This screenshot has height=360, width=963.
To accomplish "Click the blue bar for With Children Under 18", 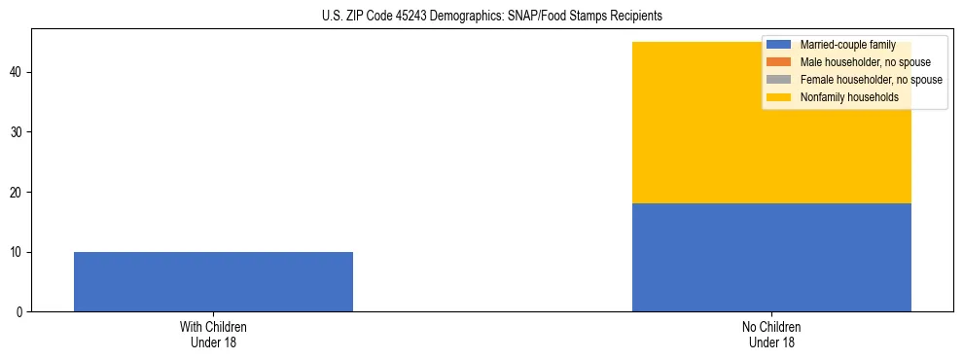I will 213,281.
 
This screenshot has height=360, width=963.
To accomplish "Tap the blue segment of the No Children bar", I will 771,257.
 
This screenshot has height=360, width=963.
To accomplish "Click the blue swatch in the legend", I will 779,45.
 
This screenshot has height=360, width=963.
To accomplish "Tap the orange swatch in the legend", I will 779,62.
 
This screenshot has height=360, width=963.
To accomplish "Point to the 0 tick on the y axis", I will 20,312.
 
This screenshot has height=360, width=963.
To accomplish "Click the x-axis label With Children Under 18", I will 213,335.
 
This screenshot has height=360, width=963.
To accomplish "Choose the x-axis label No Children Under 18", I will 771,335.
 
